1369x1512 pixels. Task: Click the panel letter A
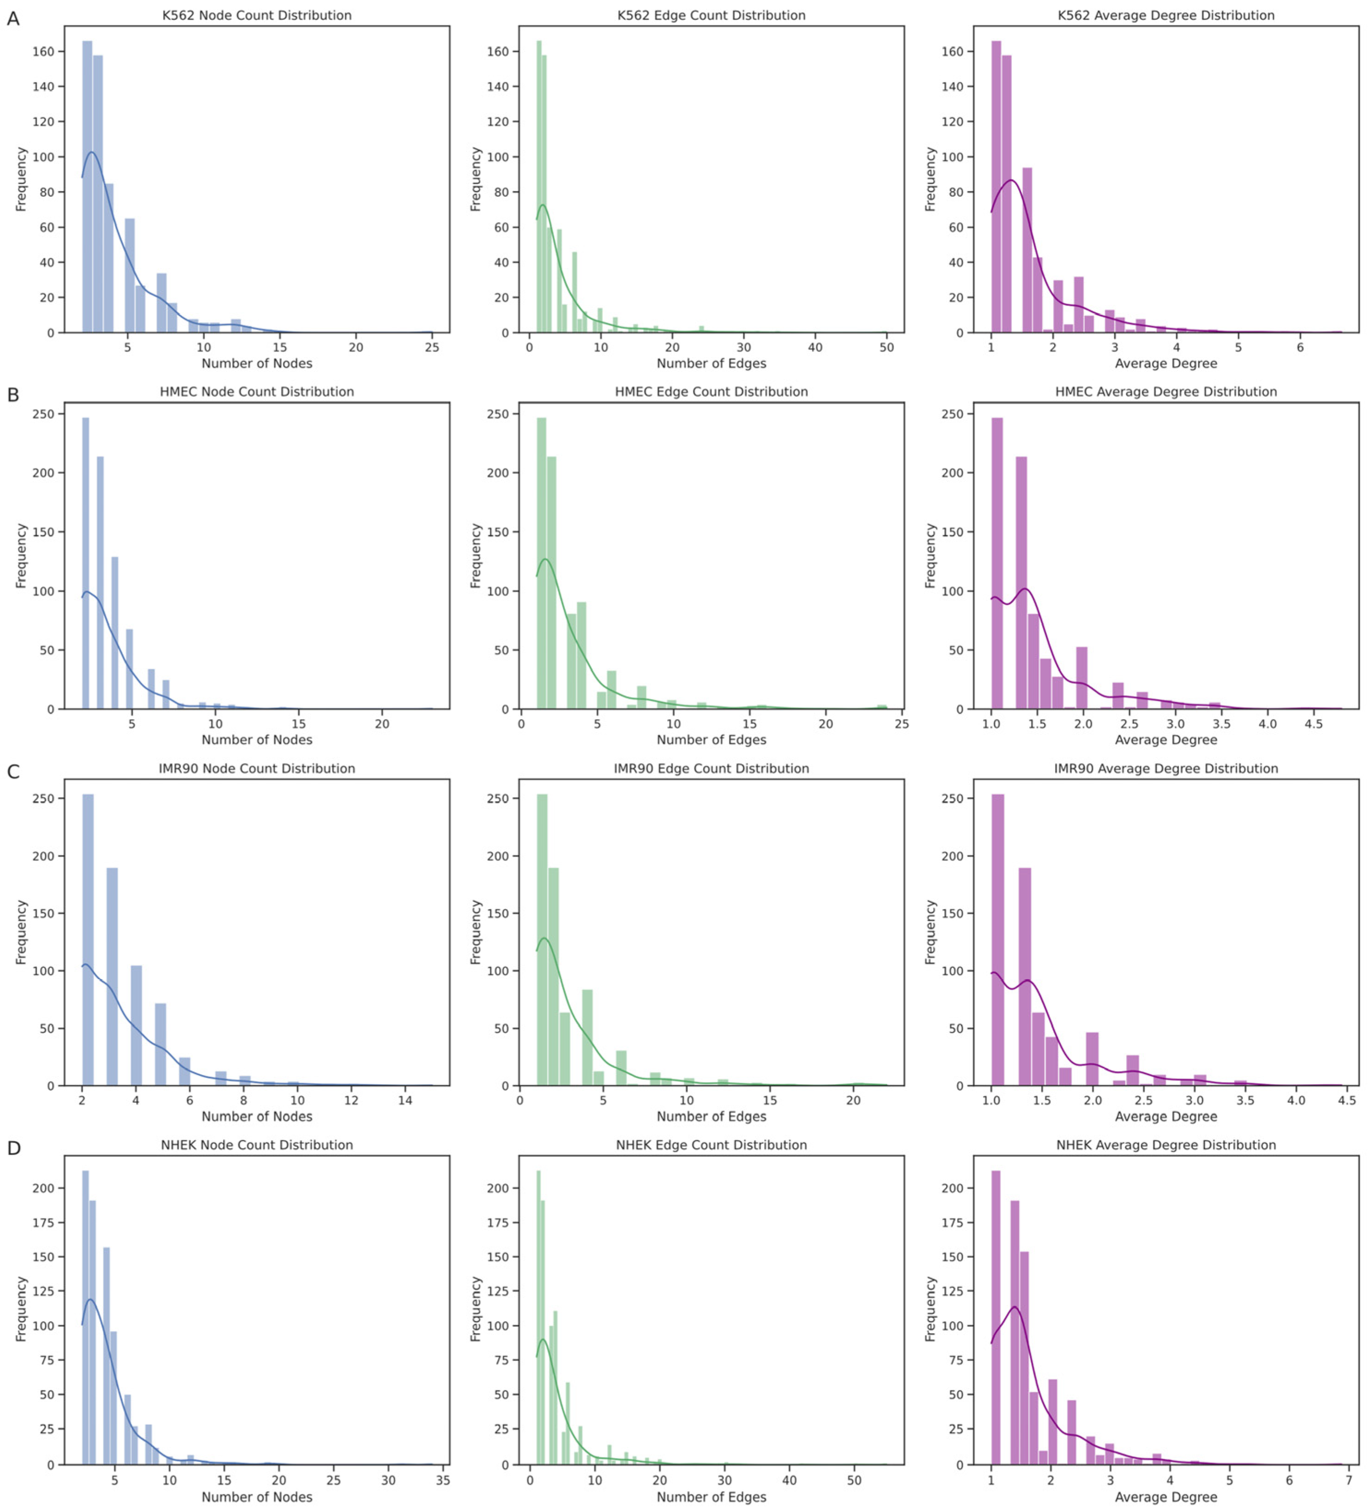coord(13,19)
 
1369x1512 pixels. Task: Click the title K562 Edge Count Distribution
coord(711,15)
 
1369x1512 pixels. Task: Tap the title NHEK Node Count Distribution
coord(256,1144)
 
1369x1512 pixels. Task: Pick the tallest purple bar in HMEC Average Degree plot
coord(996,563)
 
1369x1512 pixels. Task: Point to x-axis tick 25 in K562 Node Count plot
coord(432,347)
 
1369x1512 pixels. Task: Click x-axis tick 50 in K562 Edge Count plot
coord(886,347)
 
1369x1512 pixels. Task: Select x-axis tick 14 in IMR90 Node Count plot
coord(405,1100)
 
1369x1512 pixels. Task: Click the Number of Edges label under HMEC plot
coord(711,740)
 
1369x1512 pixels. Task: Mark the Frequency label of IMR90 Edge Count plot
coord(475,932)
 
